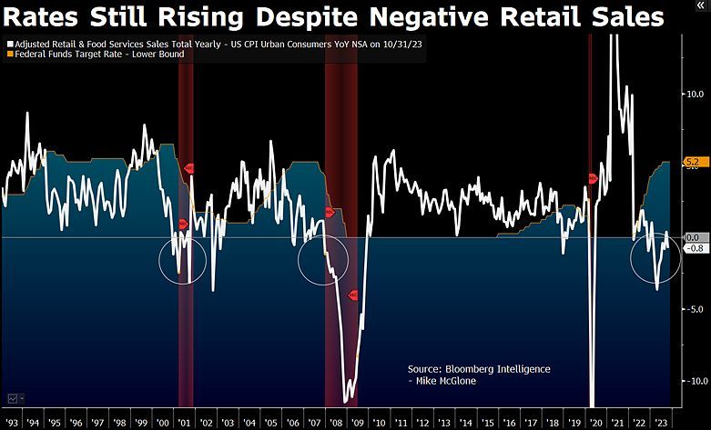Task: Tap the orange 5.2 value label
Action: pyautogui.click(x=691, y=163)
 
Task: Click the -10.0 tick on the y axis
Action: pyautogui.click(x=692, y=381)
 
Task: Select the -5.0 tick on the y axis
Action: pyautogui.click(x=692, y=309)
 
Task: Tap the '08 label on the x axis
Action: pyautogui.click(x=335, y=423)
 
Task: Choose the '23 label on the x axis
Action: pyautogui.click(x=662, y=423)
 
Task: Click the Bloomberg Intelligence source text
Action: pyautogui.click(x=479, y=368)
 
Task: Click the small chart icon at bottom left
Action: pyautogui.click(x=13, y=398)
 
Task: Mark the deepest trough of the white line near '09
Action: pyautogui.click(x=346, y=400)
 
